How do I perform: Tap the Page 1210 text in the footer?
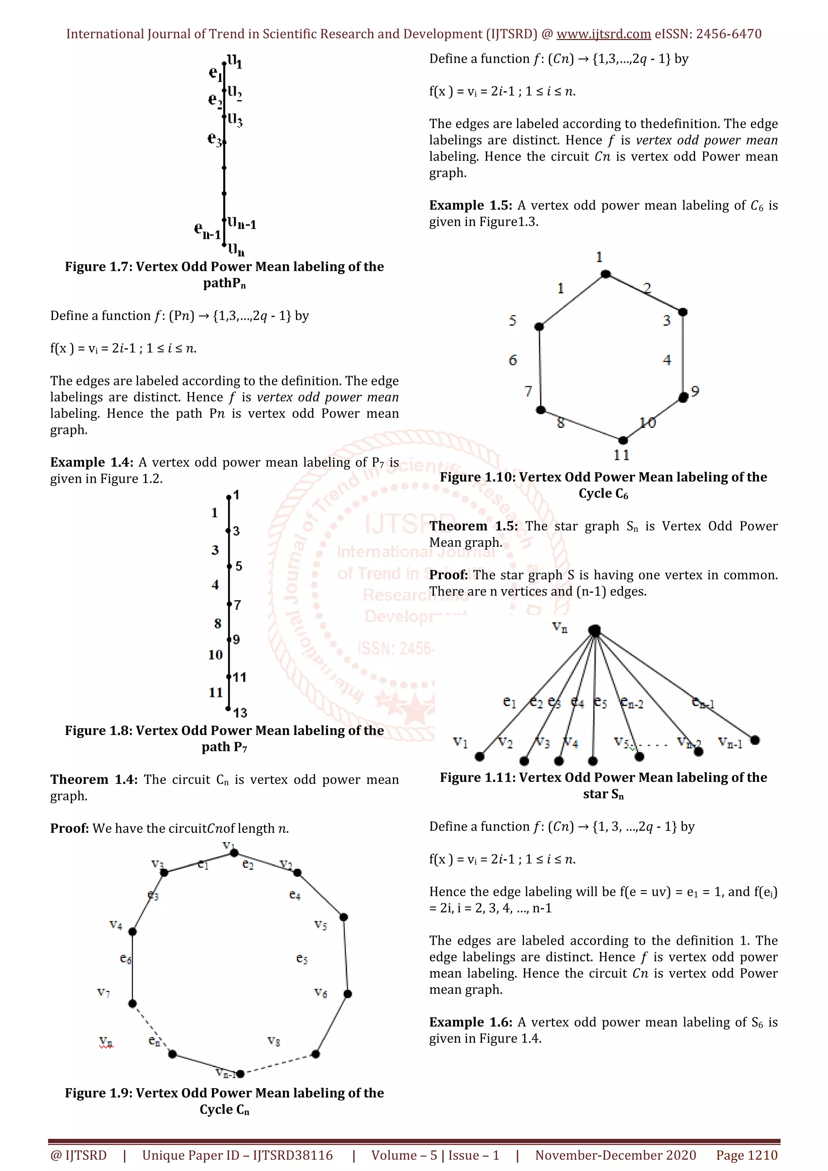[746, 1155]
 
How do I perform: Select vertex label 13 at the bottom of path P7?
[240, 712]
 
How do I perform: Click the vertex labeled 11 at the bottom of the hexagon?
[622, 440]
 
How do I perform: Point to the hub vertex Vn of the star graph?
[594, 631]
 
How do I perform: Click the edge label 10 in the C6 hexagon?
[647, 422]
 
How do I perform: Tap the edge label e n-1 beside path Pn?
[207, 231]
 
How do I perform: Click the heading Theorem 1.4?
[93, 779]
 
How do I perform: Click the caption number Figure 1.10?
[477, 477]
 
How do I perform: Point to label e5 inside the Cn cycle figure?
[302, 959]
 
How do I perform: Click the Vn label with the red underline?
[106, 1041]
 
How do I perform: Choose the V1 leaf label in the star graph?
[460, 742]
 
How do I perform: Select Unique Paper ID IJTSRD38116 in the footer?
[237, 1155]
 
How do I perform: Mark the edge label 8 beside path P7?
[218, 623]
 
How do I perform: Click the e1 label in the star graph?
[509, 702]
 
